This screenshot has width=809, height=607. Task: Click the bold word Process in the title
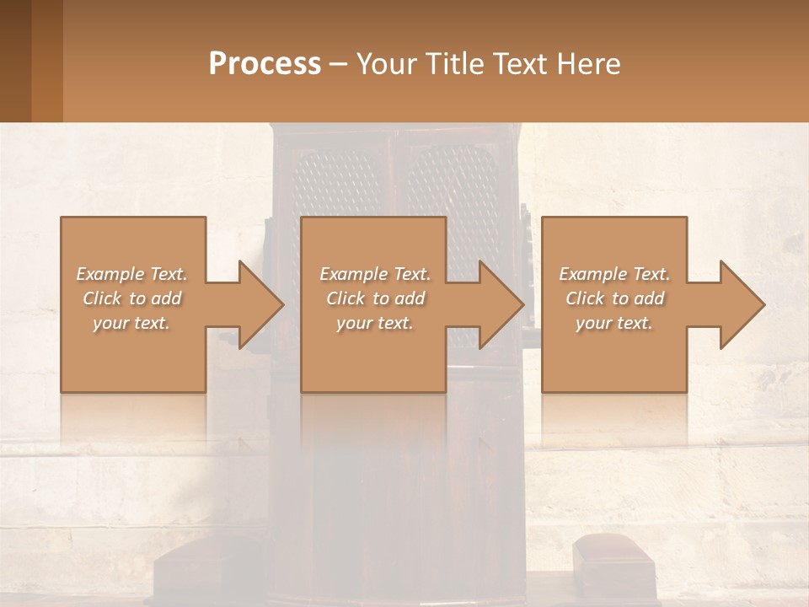265,64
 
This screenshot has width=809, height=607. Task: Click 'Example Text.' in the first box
131,274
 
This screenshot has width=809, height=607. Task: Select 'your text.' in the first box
131,323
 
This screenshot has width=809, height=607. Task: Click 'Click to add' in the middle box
375,298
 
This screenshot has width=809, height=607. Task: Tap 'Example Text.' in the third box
614,274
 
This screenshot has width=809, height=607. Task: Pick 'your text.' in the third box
614,323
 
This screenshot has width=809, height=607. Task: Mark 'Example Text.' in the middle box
375,274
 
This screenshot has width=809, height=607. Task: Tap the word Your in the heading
386,64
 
